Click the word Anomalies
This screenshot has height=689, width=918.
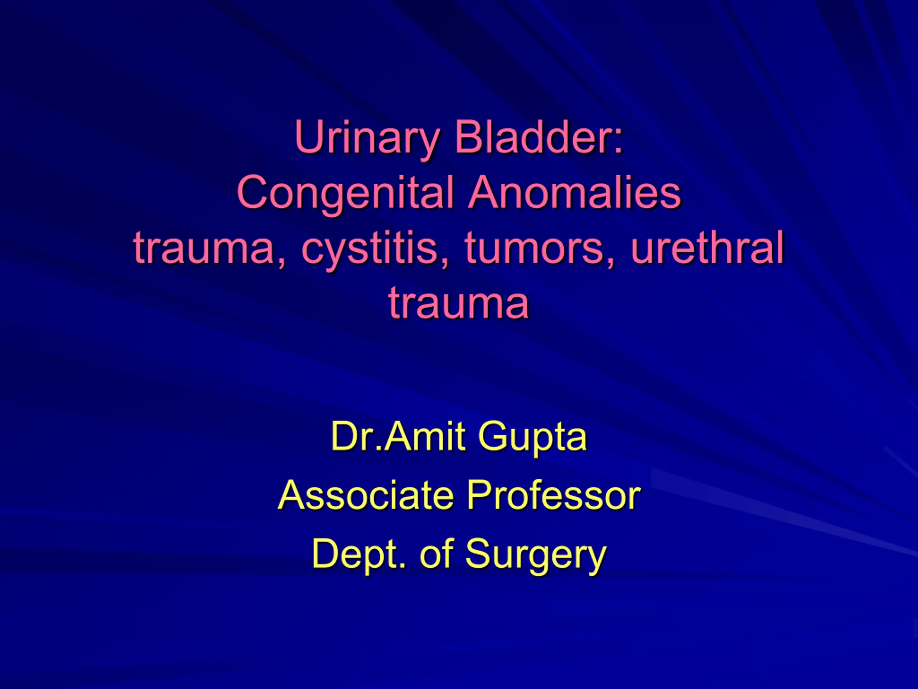pos(574,192)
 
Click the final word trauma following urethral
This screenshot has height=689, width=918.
pos(459,303)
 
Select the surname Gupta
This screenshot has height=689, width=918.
pos(533,439)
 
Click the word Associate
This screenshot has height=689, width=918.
pos(366,494)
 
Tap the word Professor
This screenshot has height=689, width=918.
pos(554,494)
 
